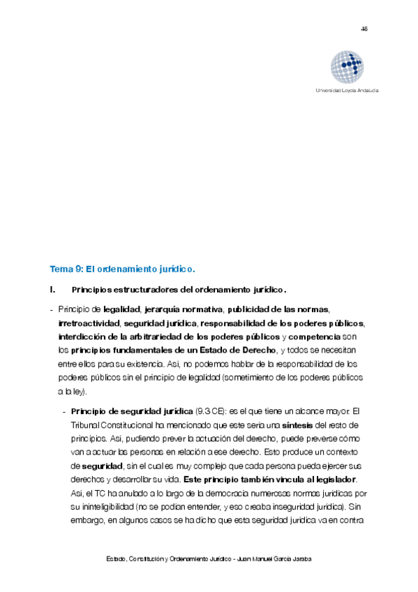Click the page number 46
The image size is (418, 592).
pyautogui.click(x=364, y=29)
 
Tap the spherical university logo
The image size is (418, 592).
pyautogui.click(x=348, y=67)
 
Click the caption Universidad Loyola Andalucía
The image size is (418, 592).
pyautogui.click(x=348, y=91)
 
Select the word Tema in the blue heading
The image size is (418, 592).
pyautogui.click(x=60, y=269)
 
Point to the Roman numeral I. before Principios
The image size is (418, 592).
pyautogui.click(x=52, y=290)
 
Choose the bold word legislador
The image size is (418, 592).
pyautogui.click(x=331, y=478)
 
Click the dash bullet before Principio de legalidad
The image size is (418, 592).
pyautogui.click(x=52, y=309)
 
